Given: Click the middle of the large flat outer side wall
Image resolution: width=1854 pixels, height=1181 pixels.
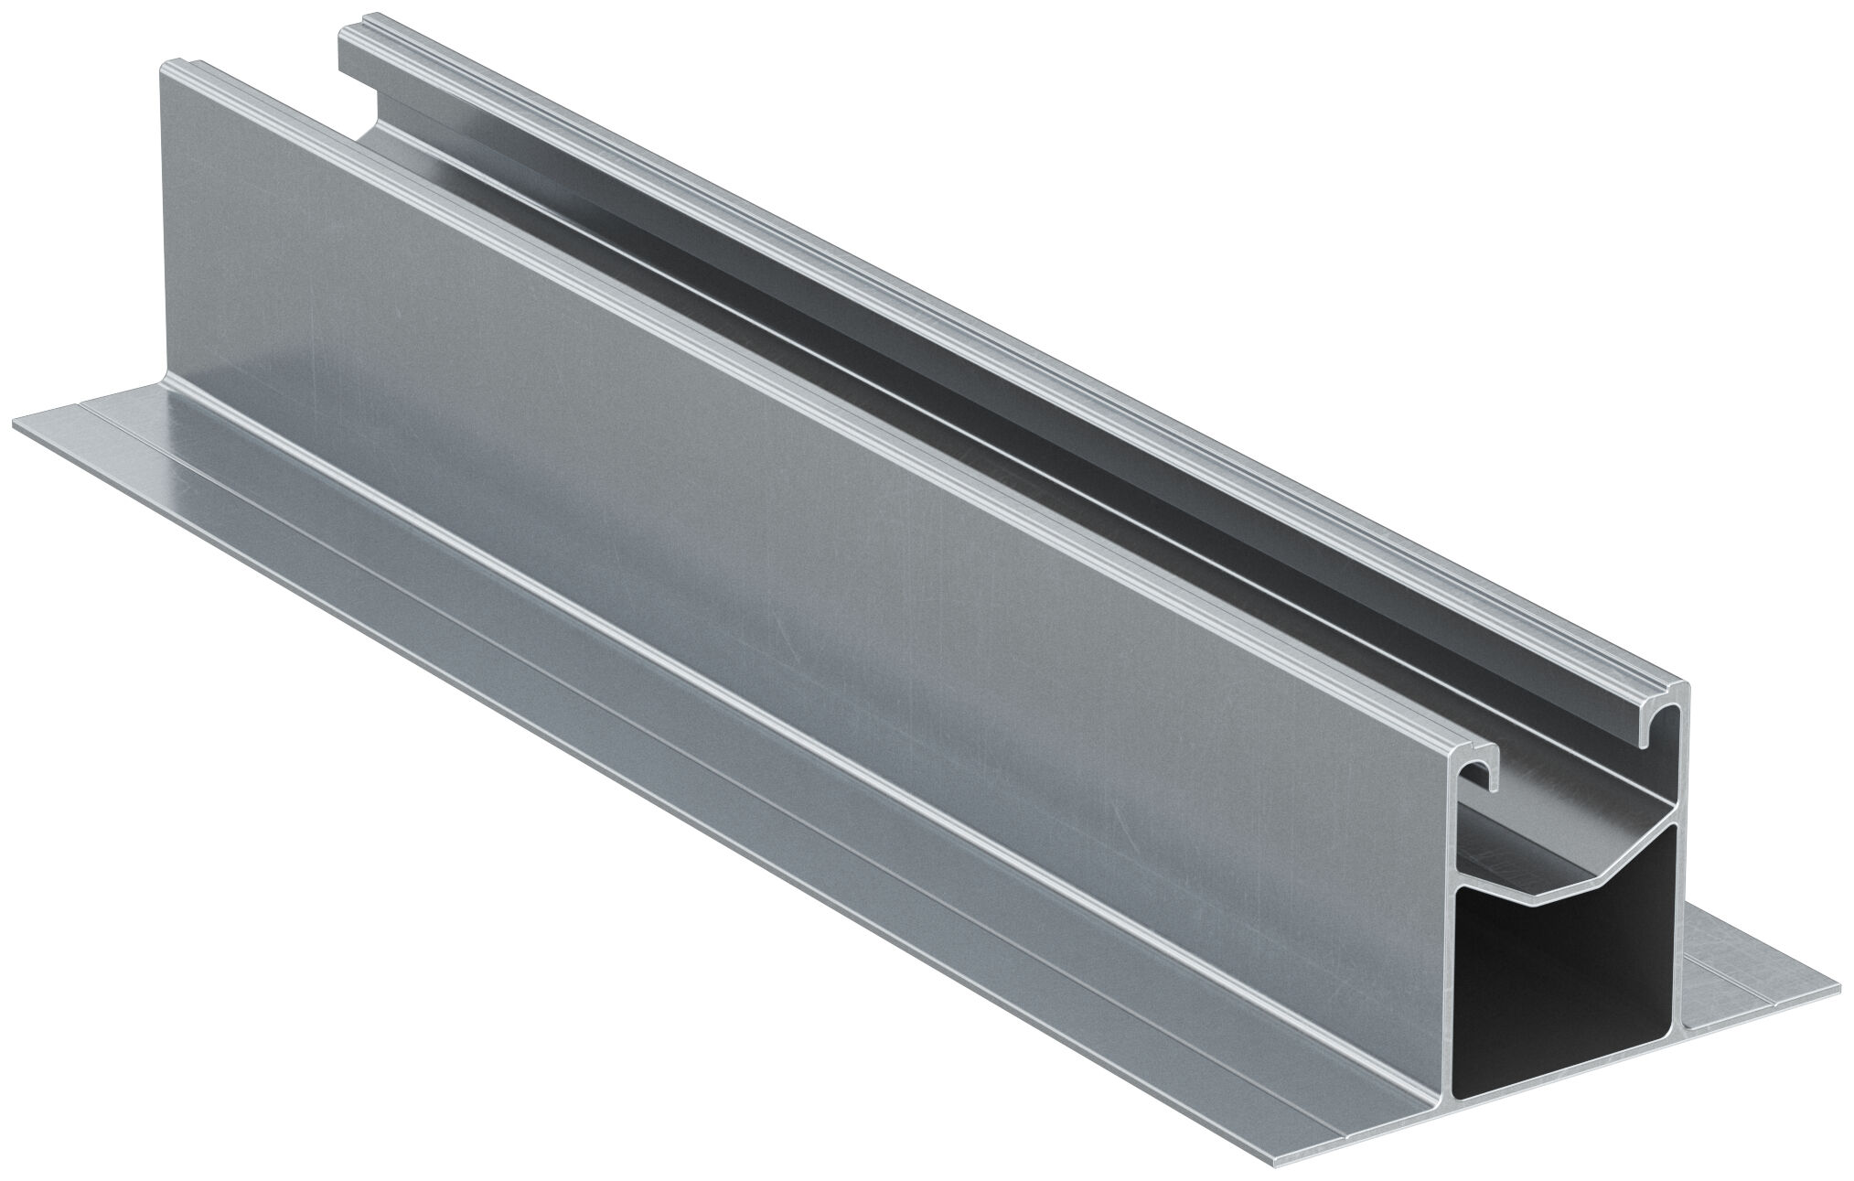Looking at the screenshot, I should (777, 567).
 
